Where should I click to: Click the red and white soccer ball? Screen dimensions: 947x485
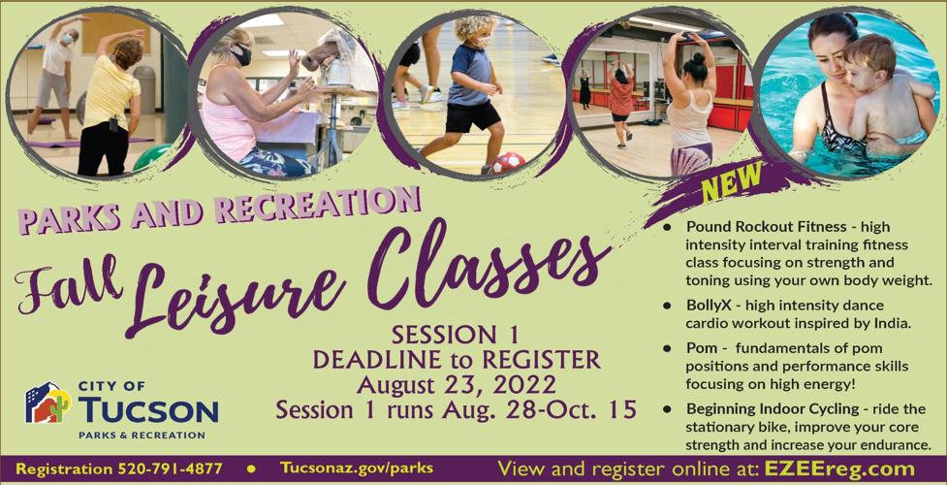pyautogui.click(x=509, y=163)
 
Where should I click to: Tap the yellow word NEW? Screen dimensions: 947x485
pyautogui.click(x=732, y=180)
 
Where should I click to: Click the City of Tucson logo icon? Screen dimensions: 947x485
pyautogui.click(x=47, y=403)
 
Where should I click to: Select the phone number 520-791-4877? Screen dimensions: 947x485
pyautogui.click(x=171, y=469)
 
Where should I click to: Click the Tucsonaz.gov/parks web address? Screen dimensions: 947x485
pyautogui.click(x=357, y=469)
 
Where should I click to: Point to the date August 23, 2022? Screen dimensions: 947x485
pyautogui.click(x=456, y=385)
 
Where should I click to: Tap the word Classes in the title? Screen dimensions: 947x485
pyautogui.click(x=483, y=264)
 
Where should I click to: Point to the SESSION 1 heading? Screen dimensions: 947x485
pyautogui.click(x=455, y=335)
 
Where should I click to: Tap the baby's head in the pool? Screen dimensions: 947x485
pyautogui.click(x=867, y=56)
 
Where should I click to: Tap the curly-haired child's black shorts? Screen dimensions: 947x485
pyautogui.click(x=471, y=117)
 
